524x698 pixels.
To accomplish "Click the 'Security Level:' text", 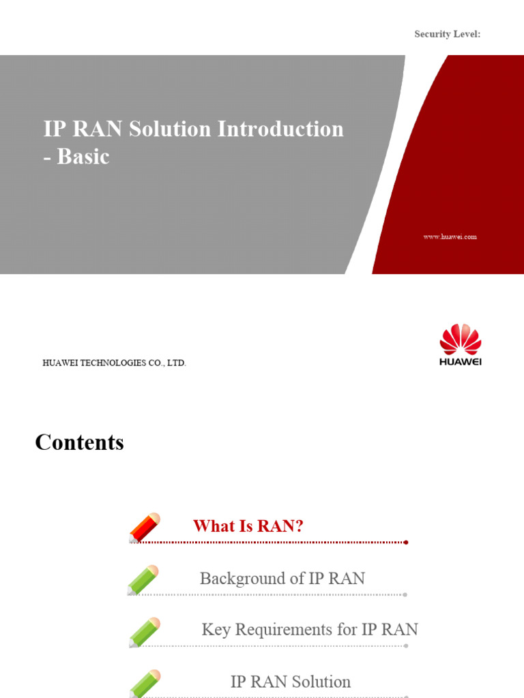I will tap(448, 34).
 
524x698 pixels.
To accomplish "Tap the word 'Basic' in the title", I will tap(83, 157).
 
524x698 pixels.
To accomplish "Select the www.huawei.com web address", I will tap(450, 237).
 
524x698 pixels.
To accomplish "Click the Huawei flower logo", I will tap(461, 340).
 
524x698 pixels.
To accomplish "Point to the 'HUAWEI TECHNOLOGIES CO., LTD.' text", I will tap(114, 363).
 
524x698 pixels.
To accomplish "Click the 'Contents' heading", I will tap(79, 442).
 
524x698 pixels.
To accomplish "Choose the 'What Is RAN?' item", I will tap(248, 526).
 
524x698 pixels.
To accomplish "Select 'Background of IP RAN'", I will tap(282, 579).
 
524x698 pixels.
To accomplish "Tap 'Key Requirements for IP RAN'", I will tap(310, 630).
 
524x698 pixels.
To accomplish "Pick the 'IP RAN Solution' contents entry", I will tap(291, 682).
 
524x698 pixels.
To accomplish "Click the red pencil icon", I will tap(145, 528).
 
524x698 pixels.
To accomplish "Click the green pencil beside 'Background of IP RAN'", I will tap(143, 579).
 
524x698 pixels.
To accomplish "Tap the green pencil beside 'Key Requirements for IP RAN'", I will tap(145, 632).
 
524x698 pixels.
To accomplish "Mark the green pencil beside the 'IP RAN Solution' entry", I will tap(145, 683).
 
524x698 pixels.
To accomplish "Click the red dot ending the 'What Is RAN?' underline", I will tap(406, 543).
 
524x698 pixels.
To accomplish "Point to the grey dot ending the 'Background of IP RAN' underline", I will tap(405, 595).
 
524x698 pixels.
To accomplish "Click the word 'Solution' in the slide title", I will tap(172, 129).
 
